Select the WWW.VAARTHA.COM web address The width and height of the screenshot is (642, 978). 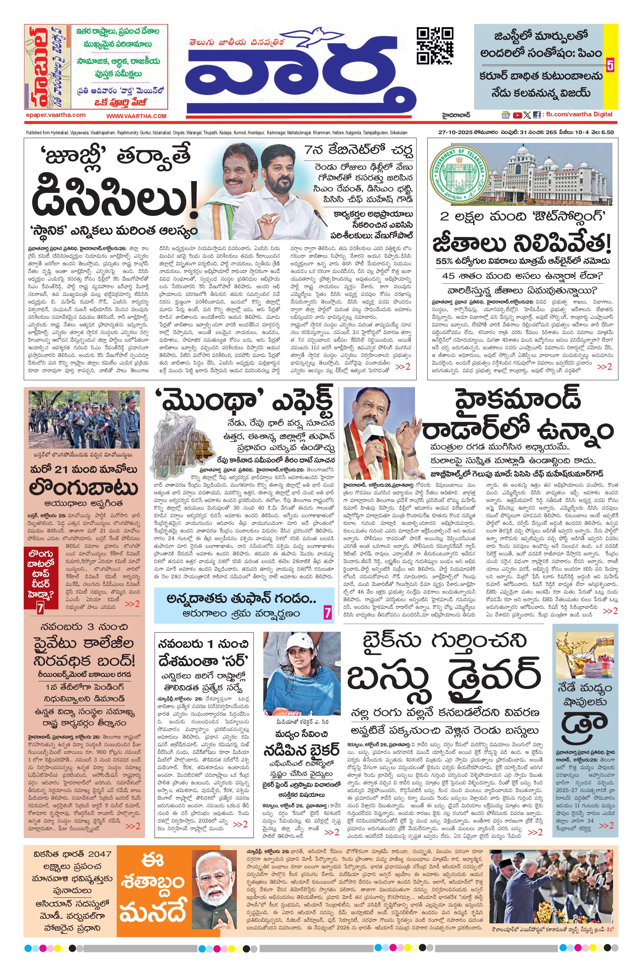[x=136, y=116]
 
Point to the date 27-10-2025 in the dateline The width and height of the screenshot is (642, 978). [x=452, y=132]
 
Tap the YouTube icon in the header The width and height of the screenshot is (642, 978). [x=518, y=115]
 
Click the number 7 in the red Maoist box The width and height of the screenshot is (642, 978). [x=40, y=609]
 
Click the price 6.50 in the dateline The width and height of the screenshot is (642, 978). [x=607, y=132]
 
